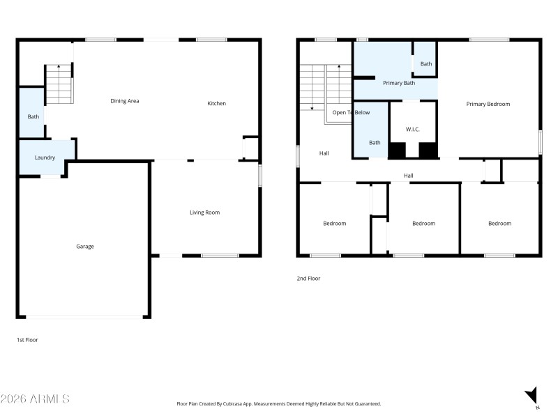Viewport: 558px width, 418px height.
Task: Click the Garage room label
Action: click(x=85, y=246)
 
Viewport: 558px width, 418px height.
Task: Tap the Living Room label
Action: click(x=205, y=212)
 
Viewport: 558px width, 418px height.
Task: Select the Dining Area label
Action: click(x=125, y=101)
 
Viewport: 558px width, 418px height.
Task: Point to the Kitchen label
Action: click(x=217, y=104)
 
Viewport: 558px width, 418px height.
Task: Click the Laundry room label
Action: click(x=45, y=157)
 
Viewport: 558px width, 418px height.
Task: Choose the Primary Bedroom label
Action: click(x=488, y=104)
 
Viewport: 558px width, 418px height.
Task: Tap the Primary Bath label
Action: click(x=399, y=83)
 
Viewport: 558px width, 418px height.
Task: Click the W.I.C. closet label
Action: click(x=413, y=129)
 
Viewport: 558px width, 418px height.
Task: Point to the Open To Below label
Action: click(x=351, y=112)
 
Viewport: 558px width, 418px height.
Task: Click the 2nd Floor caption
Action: click(x=308, y=278)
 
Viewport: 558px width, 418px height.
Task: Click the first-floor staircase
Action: click(x=59, y=84)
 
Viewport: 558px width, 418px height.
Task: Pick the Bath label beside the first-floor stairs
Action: click(x=33, y=116)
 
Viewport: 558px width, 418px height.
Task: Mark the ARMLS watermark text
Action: click(x=36, y=399)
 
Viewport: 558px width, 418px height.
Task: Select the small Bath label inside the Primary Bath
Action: click(x=425, y=64)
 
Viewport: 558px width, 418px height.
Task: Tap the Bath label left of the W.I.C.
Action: click(x=375, y=142)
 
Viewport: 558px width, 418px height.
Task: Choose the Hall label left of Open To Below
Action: click(x=324, y=153)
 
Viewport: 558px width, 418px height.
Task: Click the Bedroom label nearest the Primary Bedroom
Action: click(x=499, y=224)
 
